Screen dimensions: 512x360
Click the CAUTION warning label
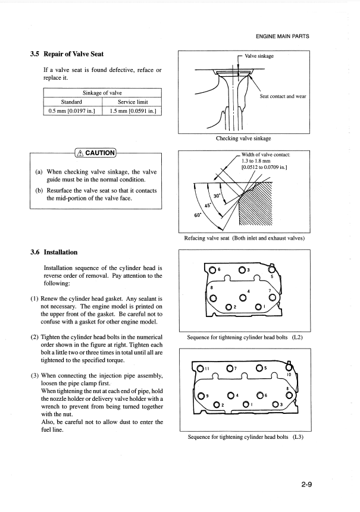(96, 152)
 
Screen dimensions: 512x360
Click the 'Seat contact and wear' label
(283, 96)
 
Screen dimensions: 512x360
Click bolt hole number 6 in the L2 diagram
(213, 270)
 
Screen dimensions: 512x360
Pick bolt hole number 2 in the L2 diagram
(229, 306)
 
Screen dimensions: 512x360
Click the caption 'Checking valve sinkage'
(245, 139)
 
